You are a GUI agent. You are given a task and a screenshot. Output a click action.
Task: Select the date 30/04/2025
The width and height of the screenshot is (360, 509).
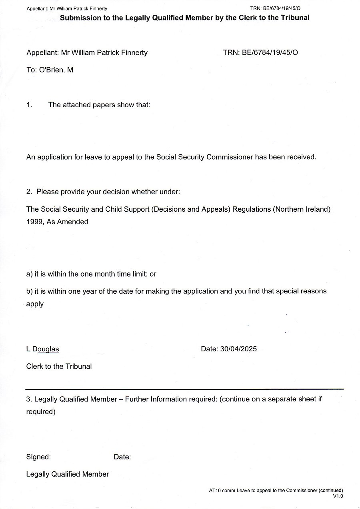[x=238, y=349]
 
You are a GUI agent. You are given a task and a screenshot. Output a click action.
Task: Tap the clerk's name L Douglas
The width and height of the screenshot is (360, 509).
[x=42, y=349]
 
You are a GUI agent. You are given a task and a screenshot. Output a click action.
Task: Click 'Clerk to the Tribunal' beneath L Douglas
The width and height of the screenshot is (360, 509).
[x=59, y=366]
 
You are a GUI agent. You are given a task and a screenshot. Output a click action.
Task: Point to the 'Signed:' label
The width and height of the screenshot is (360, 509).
[x=38, y=457]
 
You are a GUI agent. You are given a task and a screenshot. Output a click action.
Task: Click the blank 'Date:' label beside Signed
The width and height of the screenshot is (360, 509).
[x=122, y=457]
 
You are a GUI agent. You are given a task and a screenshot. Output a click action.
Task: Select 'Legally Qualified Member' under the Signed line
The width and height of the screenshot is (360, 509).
[x=67, y=474]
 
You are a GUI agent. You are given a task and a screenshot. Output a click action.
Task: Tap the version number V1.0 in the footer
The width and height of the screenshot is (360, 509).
[x=338, y=496]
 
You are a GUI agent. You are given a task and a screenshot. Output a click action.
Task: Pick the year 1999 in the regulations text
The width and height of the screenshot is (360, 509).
[x=34, y=222]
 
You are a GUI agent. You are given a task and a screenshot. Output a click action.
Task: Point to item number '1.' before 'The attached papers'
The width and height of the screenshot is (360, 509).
[x=30, y=105]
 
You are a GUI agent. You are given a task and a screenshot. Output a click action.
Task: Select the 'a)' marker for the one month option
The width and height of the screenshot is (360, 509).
[x=29, y=274]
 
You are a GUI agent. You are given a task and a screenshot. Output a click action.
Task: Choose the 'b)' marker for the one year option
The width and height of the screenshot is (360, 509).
[x=29, y=291]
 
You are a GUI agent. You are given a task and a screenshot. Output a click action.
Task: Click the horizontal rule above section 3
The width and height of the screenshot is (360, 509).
[x=184, y=389]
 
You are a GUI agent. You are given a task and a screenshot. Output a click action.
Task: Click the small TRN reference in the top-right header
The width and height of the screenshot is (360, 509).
[x=275, y=8]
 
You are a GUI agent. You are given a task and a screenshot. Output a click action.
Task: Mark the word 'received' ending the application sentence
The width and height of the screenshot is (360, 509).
[x=303, y=157]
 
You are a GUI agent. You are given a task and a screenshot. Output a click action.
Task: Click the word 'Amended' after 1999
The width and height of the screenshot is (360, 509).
[x=73, y=222]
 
